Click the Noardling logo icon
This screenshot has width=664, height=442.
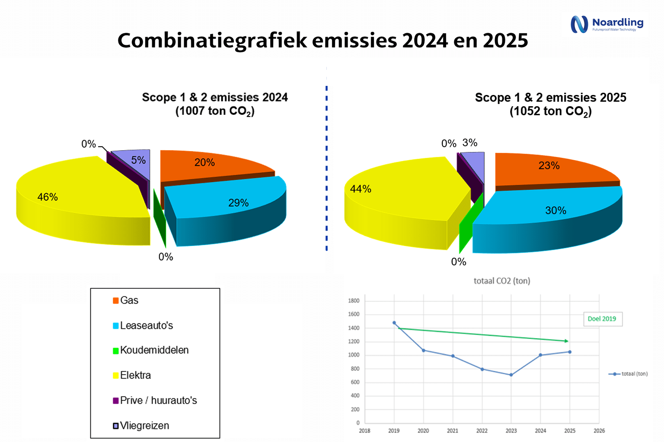click(x=579, y=24)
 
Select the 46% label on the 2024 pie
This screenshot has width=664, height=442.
click(x=48, y=197)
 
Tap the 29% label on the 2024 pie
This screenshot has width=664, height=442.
click(x=238, y=203)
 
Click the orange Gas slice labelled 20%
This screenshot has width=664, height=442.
click(x=214, y=166)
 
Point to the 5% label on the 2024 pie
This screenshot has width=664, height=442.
click(x=138, y=160)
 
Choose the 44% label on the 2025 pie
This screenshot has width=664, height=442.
click(x=361, y=189)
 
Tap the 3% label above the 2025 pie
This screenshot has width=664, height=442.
click(x=470, y=143)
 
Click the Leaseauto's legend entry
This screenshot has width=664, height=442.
click(x=143, y=325)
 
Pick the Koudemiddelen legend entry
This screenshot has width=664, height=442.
click(x=150, y=350)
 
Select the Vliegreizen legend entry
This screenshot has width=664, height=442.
click(x=141, y=426)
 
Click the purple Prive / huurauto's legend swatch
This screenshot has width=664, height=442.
click(x=115, y=401)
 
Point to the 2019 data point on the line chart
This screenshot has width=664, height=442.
click(x=394, y=323)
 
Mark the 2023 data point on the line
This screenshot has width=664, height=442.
click(x=511, y=375)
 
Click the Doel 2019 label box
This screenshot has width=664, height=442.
click(x=603, y=319)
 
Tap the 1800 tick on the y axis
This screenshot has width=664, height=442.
click(x=354, y=301)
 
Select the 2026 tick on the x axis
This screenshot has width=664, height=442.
click(x=599, y=431)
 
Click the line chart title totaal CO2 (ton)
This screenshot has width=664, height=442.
click(x=502, y=281)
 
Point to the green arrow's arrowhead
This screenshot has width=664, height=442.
click(x=566, y=341)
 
